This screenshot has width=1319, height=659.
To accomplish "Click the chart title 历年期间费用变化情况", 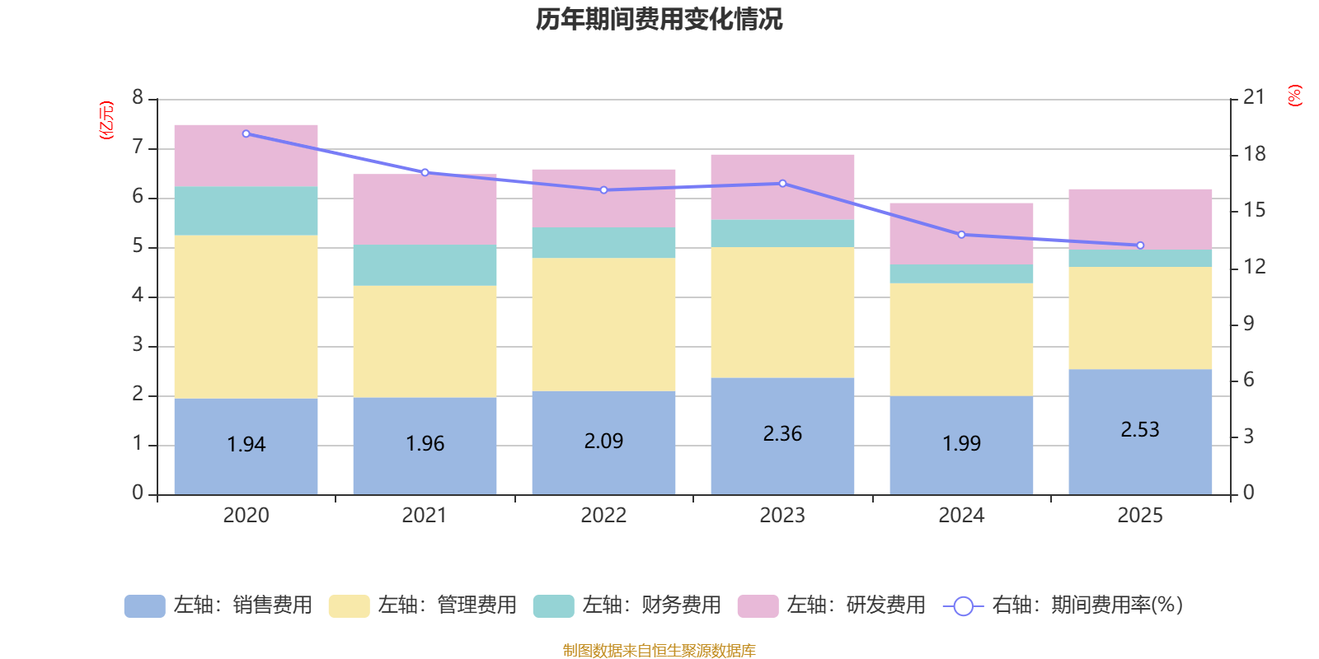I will [x=659, y=19].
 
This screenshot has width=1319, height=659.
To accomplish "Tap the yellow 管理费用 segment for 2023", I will [x=782, y=313].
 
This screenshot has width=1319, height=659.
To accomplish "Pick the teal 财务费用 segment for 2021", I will [x=425, y=265].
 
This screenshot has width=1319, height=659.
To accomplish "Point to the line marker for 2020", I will [x=246, y=133].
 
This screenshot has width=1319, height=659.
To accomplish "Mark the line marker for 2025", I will [x=1140, y=245].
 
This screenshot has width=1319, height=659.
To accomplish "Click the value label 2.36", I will [x=782, y=434].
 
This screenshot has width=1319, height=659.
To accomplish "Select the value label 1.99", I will [x=961, y=444].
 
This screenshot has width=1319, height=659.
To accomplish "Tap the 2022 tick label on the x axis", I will [x=603, y=516].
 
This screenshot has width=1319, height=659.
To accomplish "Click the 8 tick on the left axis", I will [x=138, y=98].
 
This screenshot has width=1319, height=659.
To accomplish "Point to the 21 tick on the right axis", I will [x=1253, y=97].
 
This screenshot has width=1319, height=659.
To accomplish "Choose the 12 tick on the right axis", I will [x=1254, y=266].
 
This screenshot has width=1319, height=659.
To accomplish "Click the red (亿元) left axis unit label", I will [x=106, y=120].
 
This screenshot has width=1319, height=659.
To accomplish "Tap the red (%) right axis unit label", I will [x=1295, y=96].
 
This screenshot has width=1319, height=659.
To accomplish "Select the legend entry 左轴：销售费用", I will [x=218, y=605].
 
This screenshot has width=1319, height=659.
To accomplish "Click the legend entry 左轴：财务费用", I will [x=627, y=605].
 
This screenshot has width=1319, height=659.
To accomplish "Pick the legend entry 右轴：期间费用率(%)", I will [x=1063, y=605].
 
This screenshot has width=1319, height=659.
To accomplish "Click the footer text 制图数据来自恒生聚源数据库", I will [x=659, y=651].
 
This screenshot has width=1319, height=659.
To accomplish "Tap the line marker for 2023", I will [x=782, y=184].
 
